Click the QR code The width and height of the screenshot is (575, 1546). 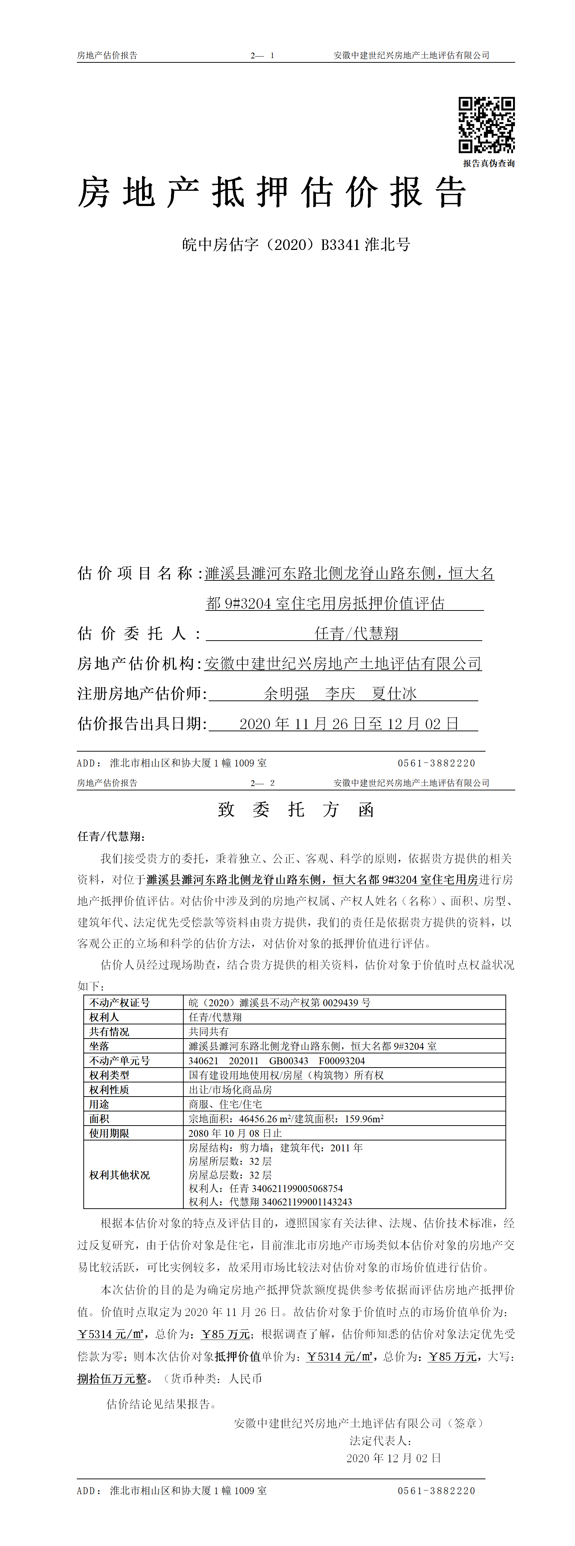(x=486, y=125)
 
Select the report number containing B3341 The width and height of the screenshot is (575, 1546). (x=296, y=245)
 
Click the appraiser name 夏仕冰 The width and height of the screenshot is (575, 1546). (x=394, y=694)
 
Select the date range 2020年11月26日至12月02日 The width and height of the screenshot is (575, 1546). (x=349, y=724)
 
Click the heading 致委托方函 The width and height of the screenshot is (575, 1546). (x=296, y=810)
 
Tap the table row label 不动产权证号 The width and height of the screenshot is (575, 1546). (x=119, y=1002)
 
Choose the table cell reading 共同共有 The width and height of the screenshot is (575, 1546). (x=209, y=1031)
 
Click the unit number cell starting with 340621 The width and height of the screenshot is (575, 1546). (x=276, y=1061)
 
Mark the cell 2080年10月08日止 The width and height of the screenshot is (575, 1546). (x=235, y=1133)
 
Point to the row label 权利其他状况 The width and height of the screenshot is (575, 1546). (x=119, y=1175)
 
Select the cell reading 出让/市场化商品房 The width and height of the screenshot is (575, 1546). (x=230, y=1089)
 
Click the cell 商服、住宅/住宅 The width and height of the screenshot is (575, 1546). (x=225, y=1104)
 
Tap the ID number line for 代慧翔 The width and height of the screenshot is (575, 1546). (x=270, y=1201)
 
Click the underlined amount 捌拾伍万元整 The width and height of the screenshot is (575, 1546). (x=112, y=1378)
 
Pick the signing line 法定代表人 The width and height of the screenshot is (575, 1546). (x=380, y=1440)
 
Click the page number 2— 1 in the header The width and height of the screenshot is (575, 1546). (x=262, y=55)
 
